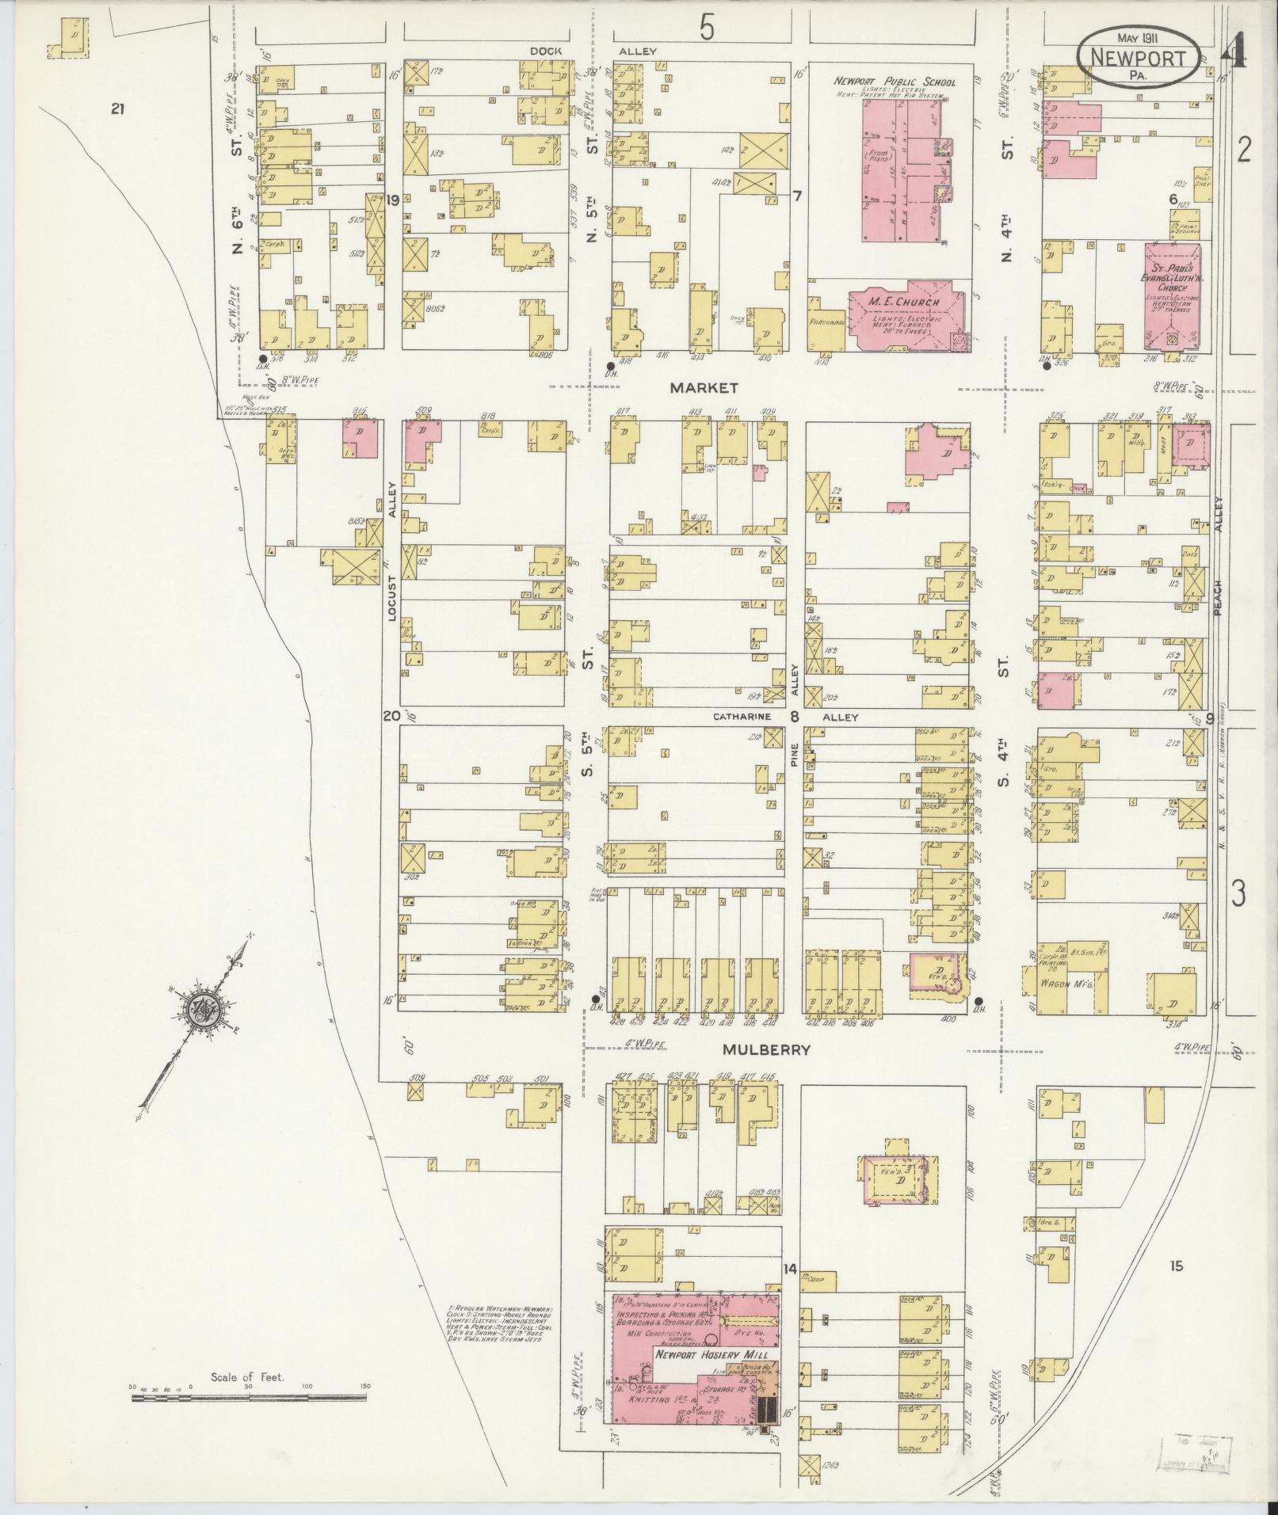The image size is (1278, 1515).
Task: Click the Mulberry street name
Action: click(766, 1049)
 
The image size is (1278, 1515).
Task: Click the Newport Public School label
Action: click(894, 82)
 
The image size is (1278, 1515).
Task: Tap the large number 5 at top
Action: click(706, 29)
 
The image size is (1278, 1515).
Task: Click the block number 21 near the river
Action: click(118, 110)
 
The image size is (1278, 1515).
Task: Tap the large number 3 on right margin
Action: click(1238, 893)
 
